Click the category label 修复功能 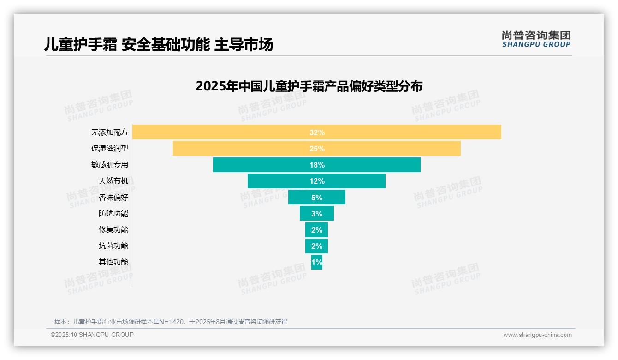pos(113,229)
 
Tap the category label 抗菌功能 pos(113,246)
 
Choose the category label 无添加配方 pos(110,132)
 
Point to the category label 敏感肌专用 pos(110,165)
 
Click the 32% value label pos(317,132)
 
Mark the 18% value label pos(317,165)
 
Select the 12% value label pos(317,181)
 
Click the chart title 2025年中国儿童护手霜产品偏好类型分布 pos(309,86)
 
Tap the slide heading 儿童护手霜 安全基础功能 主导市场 pos(159,44)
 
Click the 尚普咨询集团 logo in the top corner pos(536,39)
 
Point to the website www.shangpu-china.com pos(537,335)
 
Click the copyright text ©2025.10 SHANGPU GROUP pos(92,335)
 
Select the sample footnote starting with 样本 pos(171,322)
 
